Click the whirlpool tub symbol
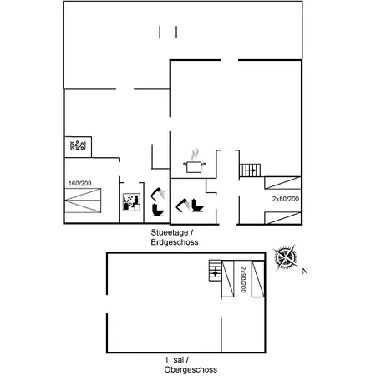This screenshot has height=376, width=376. click(78, 145)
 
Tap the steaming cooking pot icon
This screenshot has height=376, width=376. click(194, 160)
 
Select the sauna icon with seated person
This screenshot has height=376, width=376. click(131, 202)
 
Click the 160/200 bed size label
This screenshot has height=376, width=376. click(80, 183)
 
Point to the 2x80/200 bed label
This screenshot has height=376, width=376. click(286, 199)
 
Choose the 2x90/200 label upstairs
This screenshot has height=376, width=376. click(243, 279)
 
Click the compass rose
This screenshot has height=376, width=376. click(285, 257)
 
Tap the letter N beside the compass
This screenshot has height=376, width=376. click(305, 271)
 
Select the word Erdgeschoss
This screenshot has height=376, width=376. click(175, 242)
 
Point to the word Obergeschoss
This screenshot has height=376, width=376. click(191, 370)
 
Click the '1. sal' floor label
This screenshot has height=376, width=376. click(175, 360)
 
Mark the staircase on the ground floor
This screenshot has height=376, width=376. click(250, 170)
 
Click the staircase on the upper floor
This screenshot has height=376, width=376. click(215, 271)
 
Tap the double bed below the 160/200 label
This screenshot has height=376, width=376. click(83, 201)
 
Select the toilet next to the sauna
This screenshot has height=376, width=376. click(158, 210)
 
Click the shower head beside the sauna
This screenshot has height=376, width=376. click(158, 194)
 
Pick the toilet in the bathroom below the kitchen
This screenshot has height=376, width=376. click(198, 206)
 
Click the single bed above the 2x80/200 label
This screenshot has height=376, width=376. click(282, 183)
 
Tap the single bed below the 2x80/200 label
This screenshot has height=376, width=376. click(282, 218)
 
